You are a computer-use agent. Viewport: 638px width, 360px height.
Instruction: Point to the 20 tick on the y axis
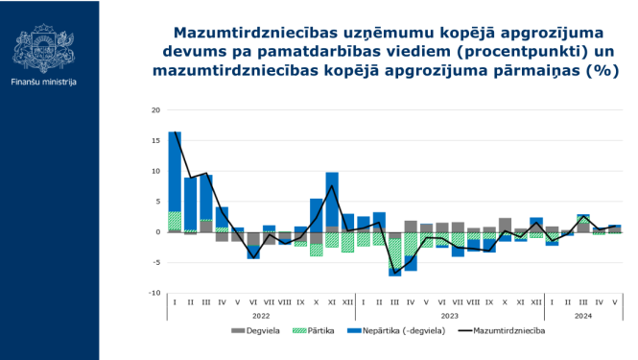click(155, 109)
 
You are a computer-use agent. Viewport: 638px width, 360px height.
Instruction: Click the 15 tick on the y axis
click(155, 140)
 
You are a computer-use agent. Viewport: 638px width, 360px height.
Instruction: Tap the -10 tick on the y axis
click(154, 294)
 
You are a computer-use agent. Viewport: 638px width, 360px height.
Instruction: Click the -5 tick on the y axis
click(155, 263)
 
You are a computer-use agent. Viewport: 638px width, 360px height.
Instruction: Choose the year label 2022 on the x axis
click(261, 315)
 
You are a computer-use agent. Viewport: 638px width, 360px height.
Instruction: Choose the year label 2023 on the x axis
click(449, 315)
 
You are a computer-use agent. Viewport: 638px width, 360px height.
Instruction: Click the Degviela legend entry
click(253, 332)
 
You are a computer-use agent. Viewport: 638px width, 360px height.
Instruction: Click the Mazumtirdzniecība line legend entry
click(506, 332)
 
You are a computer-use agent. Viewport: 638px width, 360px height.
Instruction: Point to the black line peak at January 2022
click(175, 132)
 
